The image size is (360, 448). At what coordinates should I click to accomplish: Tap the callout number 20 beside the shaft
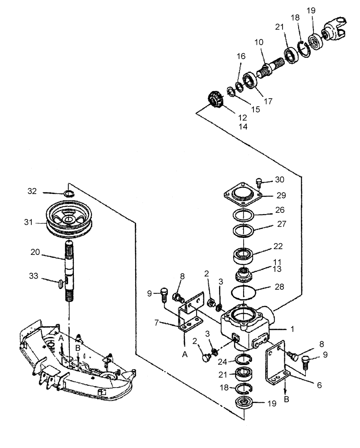pyautogui.click(x=47, y=253)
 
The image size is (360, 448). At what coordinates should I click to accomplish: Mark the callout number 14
pyautogui.click(x=242, y=127)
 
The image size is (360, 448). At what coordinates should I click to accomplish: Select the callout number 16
pyautogui.click(x=241, y=57)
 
